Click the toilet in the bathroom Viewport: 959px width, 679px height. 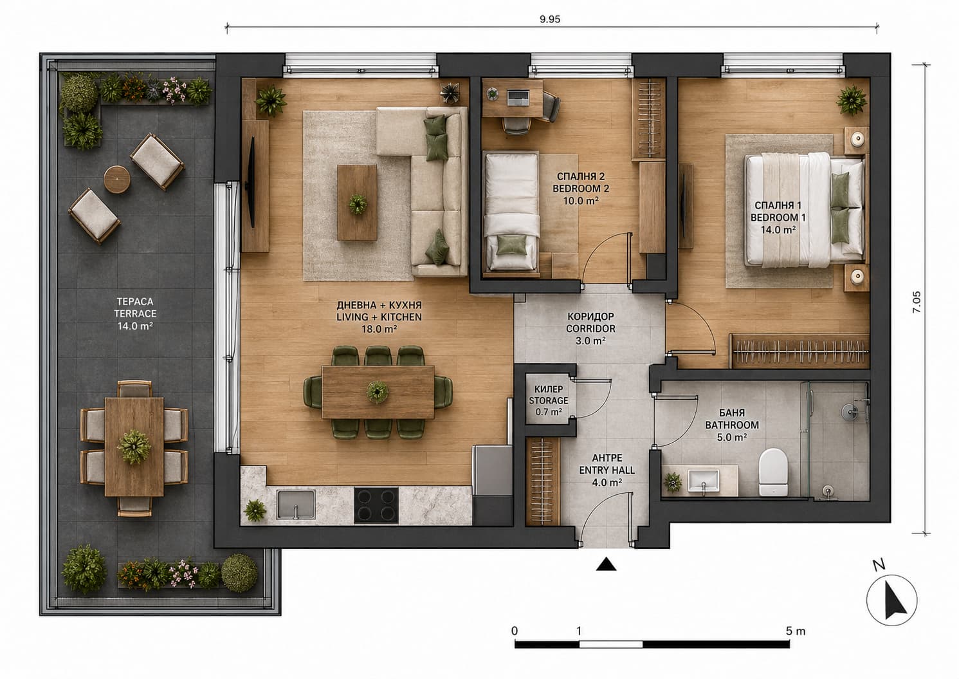pos(773,472)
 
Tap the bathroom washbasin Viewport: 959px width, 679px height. pos(704,480)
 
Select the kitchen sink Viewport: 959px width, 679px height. pos(295,504)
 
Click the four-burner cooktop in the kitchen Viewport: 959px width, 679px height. pos(376,505)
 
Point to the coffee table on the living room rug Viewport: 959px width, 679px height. pos(357,203)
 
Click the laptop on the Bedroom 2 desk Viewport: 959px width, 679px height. pos(518,97)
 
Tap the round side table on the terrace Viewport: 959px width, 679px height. pos(117,179)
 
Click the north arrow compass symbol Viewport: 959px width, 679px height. pos(891,600)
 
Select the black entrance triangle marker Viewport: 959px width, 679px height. pos(607,564)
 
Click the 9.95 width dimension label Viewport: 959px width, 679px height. pos(550,19)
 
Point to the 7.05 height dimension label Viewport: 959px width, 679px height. pos(916,302)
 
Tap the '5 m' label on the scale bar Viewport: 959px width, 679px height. pos(796,631)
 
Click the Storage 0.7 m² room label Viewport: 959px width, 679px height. pos(549,400)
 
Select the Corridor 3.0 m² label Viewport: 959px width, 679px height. pos(590,329)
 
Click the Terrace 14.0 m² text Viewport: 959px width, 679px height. pos(135,313)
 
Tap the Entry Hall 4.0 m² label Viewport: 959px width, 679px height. pos(607,470)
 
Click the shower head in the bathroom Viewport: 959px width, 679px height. pos(850,412)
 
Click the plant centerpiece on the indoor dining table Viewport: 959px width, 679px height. pos(377,391)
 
